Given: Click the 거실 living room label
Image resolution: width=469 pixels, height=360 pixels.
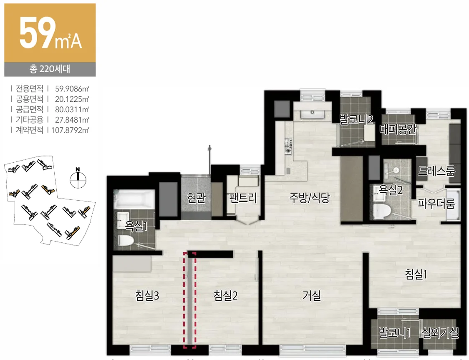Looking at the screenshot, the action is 312,296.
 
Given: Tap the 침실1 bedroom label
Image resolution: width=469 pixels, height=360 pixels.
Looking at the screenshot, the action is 416,274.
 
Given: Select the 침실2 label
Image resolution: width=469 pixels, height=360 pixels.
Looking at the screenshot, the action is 225,296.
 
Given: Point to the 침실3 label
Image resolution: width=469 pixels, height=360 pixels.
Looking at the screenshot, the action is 147,296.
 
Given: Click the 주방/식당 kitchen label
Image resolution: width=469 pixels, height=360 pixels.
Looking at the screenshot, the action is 309,197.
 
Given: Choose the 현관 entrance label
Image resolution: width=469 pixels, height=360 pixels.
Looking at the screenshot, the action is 196,198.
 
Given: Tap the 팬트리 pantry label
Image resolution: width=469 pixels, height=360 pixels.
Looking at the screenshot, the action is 243,198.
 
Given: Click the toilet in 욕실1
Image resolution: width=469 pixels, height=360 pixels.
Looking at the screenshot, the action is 126,240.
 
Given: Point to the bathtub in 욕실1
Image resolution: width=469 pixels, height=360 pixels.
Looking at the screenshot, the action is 134,199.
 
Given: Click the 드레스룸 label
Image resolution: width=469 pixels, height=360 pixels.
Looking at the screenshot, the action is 436,171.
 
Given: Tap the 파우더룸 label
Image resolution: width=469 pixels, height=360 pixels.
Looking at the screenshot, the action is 436,204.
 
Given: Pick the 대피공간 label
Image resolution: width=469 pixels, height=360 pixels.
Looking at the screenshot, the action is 398,129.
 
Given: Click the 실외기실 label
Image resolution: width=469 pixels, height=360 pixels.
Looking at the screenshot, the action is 440,332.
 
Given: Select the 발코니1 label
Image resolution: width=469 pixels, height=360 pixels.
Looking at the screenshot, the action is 394,332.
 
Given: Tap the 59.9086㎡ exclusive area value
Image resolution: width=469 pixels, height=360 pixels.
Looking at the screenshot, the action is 72,89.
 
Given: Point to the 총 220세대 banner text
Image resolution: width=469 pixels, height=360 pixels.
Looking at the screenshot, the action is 50,69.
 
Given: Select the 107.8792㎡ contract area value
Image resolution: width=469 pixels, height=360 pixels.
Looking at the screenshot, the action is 70,130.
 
